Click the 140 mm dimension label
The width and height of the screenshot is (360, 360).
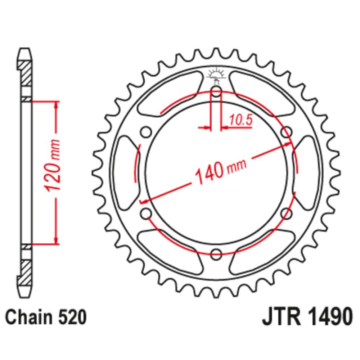click(220, 171)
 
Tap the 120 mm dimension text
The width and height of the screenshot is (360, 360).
click(52, 165)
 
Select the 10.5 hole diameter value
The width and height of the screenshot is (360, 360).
click(240, 120)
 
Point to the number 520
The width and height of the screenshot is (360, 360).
click(73, 318)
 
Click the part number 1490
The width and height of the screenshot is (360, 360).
click(329, 317)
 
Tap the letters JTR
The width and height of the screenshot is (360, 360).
click(282, 317)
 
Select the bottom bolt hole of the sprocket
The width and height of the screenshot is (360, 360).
click(216, 254)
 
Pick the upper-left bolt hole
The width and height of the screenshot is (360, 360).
click(146, 132)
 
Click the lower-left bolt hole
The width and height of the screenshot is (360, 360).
click(146, 213)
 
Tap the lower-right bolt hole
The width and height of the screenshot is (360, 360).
click(287, 213)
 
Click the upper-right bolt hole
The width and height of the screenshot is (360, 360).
click(287, 132)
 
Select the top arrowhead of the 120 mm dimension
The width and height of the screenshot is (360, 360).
click(56, 105)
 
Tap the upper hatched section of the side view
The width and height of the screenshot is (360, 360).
click(25, 73)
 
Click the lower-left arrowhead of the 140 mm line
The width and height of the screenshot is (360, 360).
click(144, 202)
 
